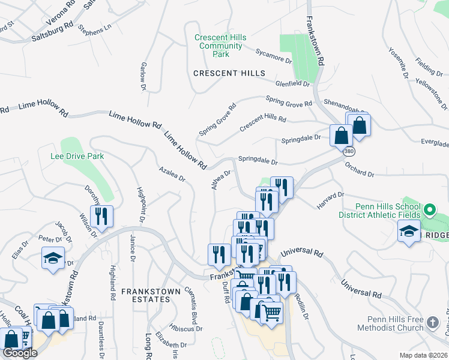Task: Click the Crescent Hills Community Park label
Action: [220, 46]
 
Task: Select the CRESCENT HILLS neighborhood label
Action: [229, 73]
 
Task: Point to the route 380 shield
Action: [349, 152]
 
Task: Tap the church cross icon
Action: [433, 323]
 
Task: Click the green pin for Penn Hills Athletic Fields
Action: [429, 211]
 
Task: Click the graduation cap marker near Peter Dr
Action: [53, 259]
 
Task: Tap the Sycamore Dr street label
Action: [273, 56]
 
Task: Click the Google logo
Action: [20, 353]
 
